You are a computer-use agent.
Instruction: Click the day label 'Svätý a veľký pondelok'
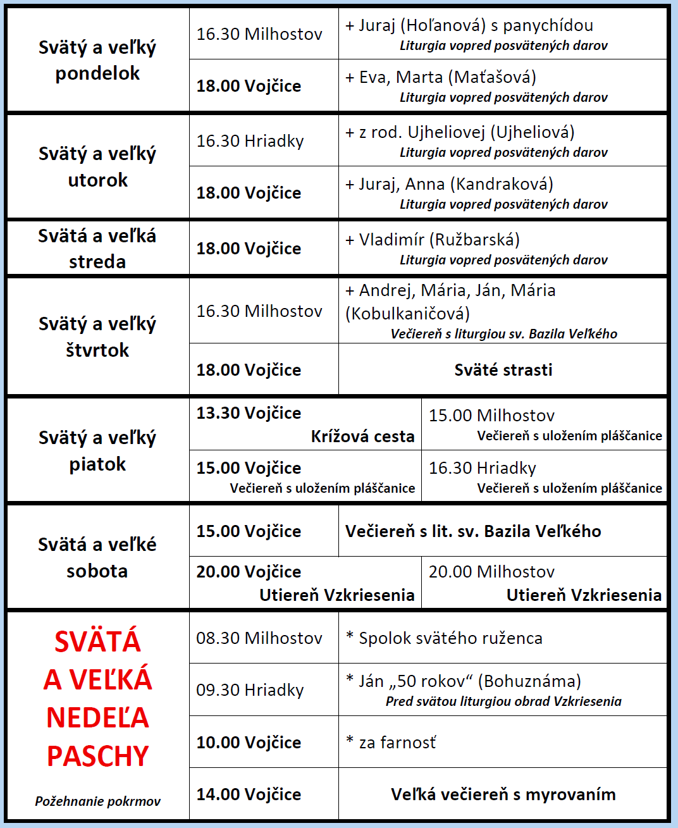97,60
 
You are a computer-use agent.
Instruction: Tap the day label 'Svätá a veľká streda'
97,249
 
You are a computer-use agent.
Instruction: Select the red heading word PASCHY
98,757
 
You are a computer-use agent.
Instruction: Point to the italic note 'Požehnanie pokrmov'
98,801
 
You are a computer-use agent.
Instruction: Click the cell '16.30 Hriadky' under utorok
250,140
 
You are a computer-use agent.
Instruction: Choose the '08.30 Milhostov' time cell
259,638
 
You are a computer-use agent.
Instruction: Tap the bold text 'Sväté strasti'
503,370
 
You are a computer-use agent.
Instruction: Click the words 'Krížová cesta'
362,436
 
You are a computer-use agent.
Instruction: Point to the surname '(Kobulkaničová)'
408,314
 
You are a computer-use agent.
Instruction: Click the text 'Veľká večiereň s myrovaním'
503,794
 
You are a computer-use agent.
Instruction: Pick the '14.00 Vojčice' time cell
249,794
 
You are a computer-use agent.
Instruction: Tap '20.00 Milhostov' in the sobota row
491,572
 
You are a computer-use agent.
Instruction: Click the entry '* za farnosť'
391,742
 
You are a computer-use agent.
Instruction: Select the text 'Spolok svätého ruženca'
450,638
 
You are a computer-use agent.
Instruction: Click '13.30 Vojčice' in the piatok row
249,413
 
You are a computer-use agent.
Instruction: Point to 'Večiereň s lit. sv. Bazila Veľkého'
473,531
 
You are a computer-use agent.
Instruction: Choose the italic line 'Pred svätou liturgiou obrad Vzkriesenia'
503,701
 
